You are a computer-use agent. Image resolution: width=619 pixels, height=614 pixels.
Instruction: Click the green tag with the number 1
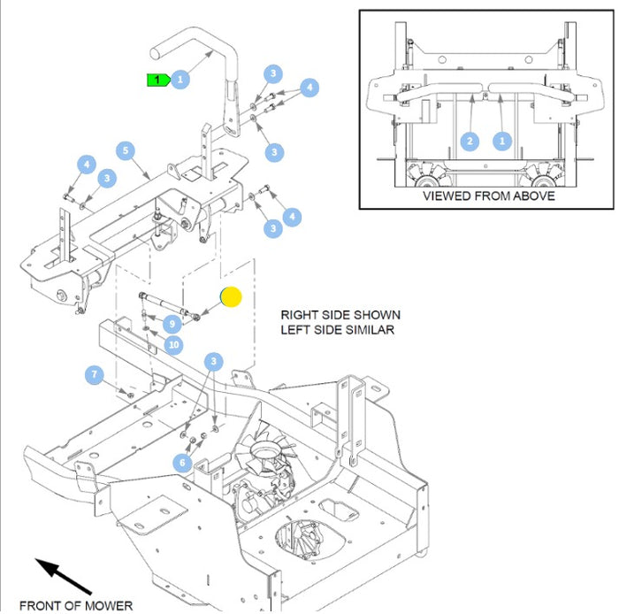[x=157, y=80]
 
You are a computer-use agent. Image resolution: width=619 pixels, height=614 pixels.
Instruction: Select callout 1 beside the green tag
[x=180, y=80]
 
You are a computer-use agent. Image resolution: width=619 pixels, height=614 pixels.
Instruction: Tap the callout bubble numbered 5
[x=126, y=150]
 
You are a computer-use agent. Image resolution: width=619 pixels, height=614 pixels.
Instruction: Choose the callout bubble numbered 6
[x=182, y=462]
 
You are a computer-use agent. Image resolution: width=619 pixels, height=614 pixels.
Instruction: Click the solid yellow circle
[x=230, y=297]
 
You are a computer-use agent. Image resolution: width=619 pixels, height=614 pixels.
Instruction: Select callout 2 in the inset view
[x=470, y=141]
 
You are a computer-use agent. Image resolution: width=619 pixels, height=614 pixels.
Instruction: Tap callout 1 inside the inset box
[x=502, y=141]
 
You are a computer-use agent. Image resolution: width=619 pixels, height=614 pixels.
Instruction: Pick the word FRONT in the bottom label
[x=39, y=606]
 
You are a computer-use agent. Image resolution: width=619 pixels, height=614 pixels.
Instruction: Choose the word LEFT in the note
[x=296, y=330]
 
